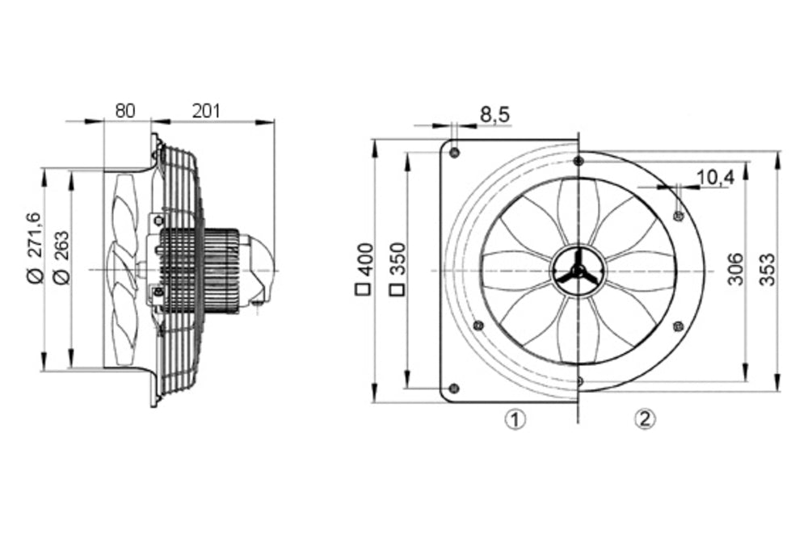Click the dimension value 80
(x=124, y=111)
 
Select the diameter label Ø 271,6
(x=34, y=247)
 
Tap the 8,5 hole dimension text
(x=494, y=116)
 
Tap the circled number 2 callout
(x=644, y=418)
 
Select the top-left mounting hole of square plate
(x=455, y=153)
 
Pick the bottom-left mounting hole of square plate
(x=453, y=388)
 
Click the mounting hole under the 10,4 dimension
(x=678, y=215)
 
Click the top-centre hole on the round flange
(x=579, y=161)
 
